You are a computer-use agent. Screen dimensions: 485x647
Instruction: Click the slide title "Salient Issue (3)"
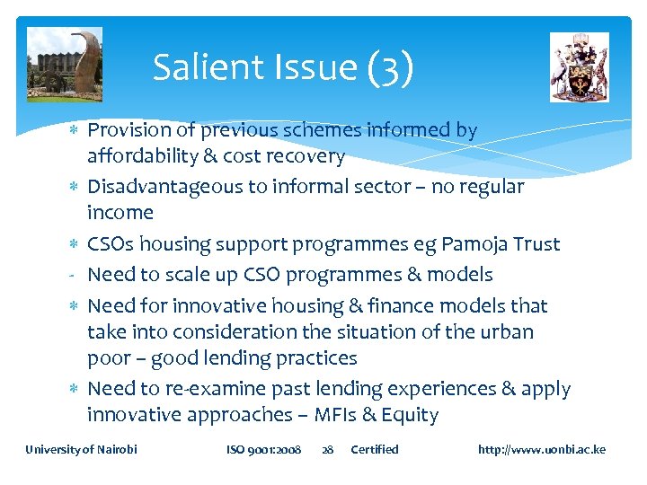coord(283,68)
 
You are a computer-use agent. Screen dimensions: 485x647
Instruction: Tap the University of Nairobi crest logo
coord(579,67)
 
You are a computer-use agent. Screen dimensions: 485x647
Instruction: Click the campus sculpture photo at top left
coord(64,65)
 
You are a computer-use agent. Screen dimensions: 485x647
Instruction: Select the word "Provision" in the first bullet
coord(128,130)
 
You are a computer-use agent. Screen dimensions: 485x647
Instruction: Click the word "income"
coord(120,213)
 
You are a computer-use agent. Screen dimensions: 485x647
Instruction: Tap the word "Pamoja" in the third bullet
coord(467,244)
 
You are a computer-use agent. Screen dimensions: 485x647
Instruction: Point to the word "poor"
coord(107,359)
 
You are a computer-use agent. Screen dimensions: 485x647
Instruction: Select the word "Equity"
coord(410,416)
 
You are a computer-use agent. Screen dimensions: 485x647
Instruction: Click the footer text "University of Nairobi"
coord(82,449)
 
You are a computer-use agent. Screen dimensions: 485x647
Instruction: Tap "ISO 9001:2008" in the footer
coord(263,449)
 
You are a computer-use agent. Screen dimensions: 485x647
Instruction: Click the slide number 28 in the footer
coord(327,449)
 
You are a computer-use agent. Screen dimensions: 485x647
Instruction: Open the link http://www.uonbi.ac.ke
coord(542,449)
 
